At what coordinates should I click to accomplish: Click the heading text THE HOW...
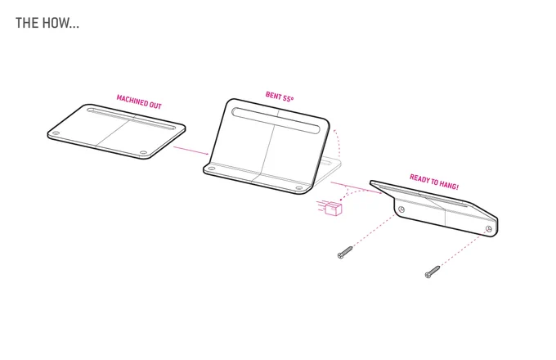47,23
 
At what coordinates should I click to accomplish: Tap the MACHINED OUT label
139,102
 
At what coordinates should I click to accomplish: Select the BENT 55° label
280,96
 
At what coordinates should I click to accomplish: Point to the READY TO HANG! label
434,182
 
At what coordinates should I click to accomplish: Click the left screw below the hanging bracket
345,252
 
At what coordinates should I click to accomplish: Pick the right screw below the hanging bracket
433,272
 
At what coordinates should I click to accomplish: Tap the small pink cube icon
334,209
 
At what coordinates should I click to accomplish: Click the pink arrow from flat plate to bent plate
191,150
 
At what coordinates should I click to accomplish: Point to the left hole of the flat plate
56,133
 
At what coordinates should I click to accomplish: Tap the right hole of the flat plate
143,153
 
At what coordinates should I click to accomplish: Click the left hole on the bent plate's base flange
211,169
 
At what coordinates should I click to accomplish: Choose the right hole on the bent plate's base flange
299,188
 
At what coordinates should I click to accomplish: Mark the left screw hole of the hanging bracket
401,209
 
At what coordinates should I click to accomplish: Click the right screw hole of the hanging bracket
489,229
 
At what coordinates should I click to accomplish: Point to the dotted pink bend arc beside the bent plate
339,140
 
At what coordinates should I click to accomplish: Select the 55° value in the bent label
289,97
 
